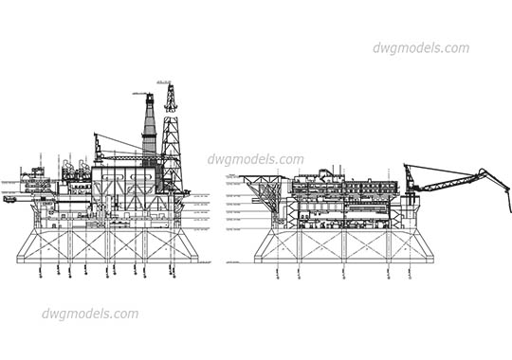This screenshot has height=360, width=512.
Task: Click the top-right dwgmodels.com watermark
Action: click(x=420, y=48)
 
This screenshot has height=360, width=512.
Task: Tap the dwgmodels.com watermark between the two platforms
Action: click(x=257, y=160)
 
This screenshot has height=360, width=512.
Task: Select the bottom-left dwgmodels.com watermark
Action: click(x=90, y=314)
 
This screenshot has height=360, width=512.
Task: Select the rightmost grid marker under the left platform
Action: click(x=173, y=272)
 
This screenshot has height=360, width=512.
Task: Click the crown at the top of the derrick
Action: click(x=172, y=88)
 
